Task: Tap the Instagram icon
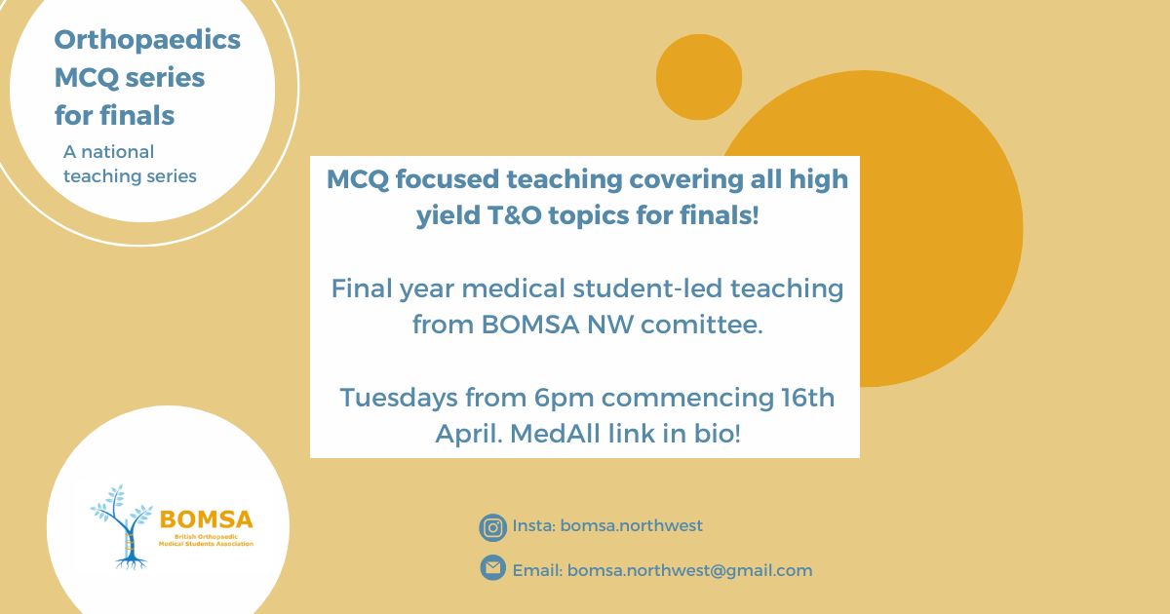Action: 492,527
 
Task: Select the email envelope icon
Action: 492,568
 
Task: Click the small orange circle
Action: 699,77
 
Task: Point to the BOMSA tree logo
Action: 121,526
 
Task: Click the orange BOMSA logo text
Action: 207,520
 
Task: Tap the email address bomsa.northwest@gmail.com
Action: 689,571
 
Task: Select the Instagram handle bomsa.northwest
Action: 631,525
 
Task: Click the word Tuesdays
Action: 399,399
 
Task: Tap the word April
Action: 469,435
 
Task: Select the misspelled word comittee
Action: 701,325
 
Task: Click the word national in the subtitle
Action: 118,152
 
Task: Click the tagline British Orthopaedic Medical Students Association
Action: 206,540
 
